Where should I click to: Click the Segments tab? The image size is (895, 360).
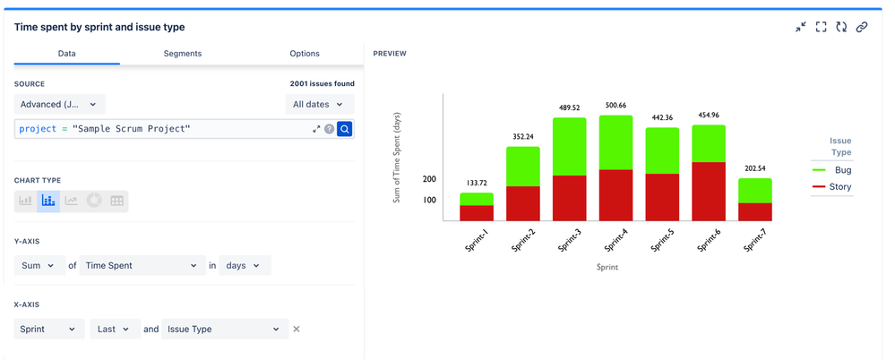[182, 54]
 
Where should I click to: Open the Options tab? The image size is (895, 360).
[305, 54]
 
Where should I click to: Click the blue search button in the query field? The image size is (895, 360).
[345, 129]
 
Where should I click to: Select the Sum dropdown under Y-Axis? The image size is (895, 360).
[39, 266]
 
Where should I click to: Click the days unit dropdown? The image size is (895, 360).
[244, 266]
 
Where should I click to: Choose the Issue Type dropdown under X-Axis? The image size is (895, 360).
[224, 330]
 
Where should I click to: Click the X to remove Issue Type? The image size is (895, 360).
[297, 330]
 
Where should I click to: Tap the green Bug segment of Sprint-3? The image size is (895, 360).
[570, 147]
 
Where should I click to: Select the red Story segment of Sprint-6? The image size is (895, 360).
[709, 192]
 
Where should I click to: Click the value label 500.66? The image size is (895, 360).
[615, 106]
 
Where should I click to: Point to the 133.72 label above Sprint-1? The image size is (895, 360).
[477, 183]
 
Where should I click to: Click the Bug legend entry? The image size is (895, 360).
[832, 170]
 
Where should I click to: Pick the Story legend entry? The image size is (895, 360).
[832, 187]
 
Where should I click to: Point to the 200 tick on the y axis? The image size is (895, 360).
[429, 179]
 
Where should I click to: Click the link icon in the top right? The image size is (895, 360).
[862, 28]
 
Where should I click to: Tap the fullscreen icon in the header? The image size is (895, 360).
[822, 28]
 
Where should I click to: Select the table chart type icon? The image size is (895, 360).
[117, 201]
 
